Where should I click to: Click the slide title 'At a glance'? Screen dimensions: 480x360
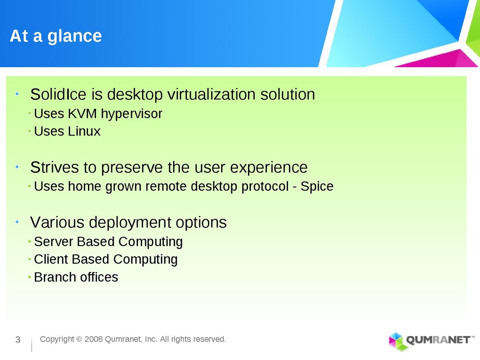click(x=56, y=36)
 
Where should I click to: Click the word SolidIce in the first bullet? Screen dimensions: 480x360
click(x=58, y=94)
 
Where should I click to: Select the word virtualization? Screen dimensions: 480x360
click(x=212, y=94)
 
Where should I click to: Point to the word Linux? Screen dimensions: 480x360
click(x=84, y=131)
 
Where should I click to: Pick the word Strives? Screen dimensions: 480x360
click(x=54, y=168)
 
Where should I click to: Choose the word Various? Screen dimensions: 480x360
click(x=57, y=222)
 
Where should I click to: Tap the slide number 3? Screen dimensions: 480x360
click(x=18, y=340)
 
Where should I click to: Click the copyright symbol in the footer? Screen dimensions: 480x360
click(x=79, y=340)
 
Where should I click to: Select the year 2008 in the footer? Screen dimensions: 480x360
click(x=94, y=339)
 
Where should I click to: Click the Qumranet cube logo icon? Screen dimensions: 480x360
click(x=396, y=342)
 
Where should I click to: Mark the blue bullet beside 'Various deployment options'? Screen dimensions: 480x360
click(x=17, y=222)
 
